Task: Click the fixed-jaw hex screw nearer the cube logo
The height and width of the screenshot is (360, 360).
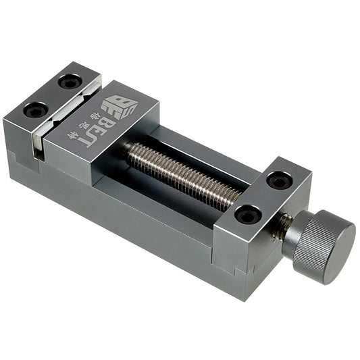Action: [x=70, y=82]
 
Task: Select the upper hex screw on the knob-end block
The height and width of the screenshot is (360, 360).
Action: [x=278, y=181]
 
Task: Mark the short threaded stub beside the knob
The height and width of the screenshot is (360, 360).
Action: [x=280, y=226]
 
